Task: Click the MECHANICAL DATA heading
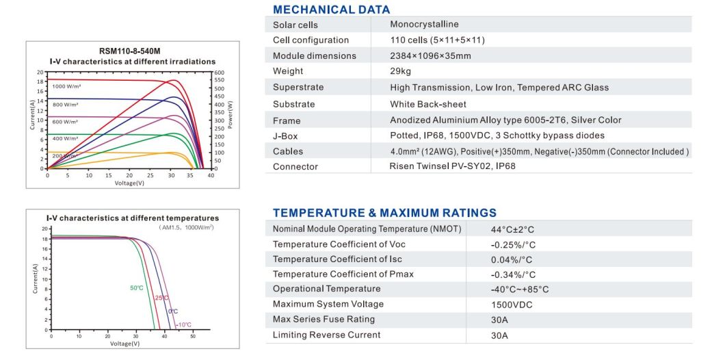(331, 10)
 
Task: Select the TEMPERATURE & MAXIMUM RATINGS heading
(384, 213)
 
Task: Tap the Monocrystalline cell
(424, 25)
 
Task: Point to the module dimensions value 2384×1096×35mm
(430, 55)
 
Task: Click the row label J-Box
(286, 136)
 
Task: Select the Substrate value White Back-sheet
(428, 104)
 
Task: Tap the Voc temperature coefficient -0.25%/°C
(513, 245)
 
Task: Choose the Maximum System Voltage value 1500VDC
(512, 305)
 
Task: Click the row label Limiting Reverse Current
(326, 335)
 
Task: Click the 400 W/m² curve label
(66, 138)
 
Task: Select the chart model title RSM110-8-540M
(130, 51)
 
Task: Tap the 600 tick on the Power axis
(219, 72)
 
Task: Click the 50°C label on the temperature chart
(137, 288)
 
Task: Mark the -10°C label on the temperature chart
(184, 324)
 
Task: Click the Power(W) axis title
(230, 115)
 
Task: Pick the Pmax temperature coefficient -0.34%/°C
(513, 274)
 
